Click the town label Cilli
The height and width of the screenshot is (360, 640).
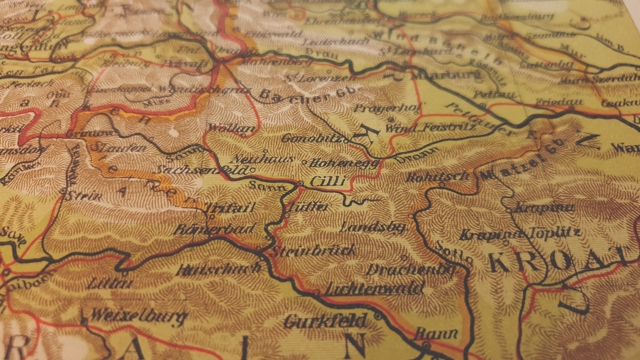click(328, 181)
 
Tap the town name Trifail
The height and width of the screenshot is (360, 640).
click(230, 208)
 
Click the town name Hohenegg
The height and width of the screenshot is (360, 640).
click(344, 164)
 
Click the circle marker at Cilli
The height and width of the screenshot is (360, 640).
click(300, 183)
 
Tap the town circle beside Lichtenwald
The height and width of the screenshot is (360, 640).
click(316, 292)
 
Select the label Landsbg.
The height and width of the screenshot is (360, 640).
click(373, 227)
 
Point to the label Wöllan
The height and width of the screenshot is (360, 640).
click(232, 128)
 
